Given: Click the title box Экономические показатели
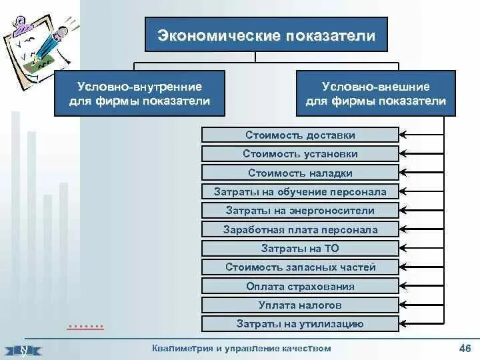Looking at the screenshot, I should pos(266,35).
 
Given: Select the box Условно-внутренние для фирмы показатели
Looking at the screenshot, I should pos(139,94).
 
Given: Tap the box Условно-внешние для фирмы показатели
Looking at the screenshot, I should pos(375,94).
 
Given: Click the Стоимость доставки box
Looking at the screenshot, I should pos(300,135).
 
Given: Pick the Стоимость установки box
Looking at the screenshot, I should pos(300,154).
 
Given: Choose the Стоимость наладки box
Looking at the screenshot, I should pos(300,173).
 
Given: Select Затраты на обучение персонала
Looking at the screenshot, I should pos(300,192).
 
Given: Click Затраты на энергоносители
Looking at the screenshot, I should pos(300,211).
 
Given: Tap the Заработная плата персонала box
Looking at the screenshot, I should pos(300,230).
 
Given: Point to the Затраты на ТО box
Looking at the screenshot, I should pos(300,249).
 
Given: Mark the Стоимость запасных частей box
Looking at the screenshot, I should pos(300,267).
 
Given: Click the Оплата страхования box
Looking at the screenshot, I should pos(300,287).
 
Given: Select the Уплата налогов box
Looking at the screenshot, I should pos(300,305).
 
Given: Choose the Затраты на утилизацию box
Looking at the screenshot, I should pos(300,324).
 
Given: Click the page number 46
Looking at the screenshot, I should pos(465,348).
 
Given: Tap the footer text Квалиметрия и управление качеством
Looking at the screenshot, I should pos(241,348).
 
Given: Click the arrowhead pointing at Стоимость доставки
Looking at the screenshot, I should pos(404,135).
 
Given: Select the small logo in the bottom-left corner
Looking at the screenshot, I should pos(23,349).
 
